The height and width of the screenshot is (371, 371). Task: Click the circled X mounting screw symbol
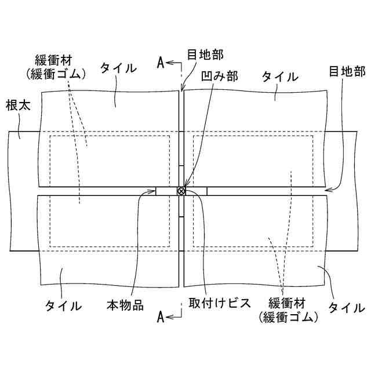[181, 191]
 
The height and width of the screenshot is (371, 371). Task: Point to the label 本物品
[125, 304]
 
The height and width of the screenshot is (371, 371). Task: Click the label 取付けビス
[217, 304]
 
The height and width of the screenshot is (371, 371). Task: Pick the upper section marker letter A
[161, 63]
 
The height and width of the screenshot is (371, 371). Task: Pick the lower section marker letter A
[161, 316]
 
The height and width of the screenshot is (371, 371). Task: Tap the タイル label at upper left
[118, 68]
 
